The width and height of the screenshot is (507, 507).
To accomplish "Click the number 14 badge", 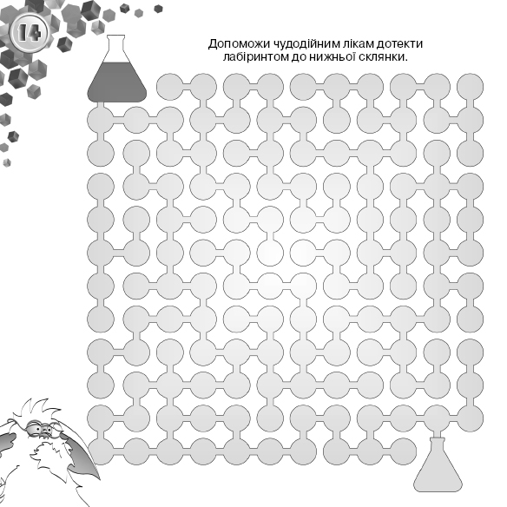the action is point(30,33).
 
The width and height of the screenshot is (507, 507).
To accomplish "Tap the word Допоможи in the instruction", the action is point(237,43).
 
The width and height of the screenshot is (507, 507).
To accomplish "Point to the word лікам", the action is point(358,43).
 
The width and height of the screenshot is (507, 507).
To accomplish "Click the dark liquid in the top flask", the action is point(116,82).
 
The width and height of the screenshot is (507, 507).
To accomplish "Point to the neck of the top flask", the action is point(115,48).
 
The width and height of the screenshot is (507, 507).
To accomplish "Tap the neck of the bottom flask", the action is point(438,448).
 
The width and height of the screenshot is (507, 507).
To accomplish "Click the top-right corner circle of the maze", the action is point(471,87).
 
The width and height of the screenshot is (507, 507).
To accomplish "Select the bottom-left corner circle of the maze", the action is point(101,451).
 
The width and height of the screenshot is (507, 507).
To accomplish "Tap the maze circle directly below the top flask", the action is point(101,120).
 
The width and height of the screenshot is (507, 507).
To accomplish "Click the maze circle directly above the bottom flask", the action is point(437,418).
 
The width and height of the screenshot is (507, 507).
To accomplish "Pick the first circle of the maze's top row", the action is point(170,87).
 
